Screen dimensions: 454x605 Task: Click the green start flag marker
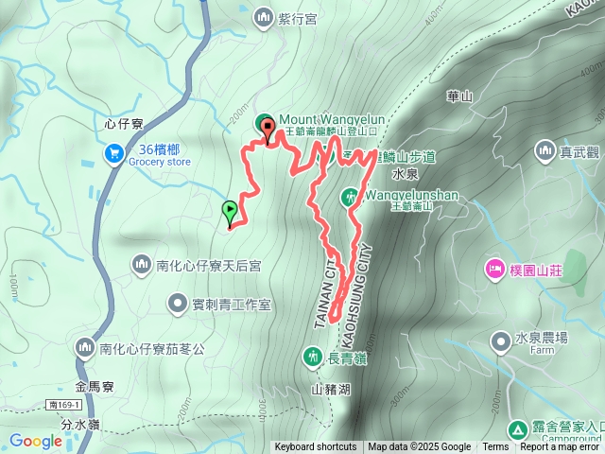[229, 211]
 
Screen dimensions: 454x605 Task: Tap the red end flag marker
[268, 131]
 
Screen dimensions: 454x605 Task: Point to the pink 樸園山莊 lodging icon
[495, 270]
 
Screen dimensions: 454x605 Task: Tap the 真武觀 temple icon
[544, 150]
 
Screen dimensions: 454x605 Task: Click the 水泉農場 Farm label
[542, 338]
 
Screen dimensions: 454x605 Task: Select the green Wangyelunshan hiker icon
[350, 197]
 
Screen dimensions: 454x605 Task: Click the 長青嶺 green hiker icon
[312, 357]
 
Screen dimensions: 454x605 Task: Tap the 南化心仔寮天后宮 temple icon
[141, 266]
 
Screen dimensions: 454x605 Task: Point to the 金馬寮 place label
[95, 386]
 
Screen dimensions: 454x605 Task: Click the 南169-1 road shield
[62, 404]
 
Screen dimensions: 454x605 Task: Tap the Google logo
[35, 441]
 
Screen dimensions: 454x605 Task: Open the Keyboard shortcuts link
[316, 447]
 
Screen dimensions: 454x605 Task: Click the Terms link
[495, 447]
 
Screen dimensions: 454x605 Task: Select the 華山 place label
[459, 96]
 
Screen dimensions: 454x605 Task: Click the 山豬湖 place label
[330, 389]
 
